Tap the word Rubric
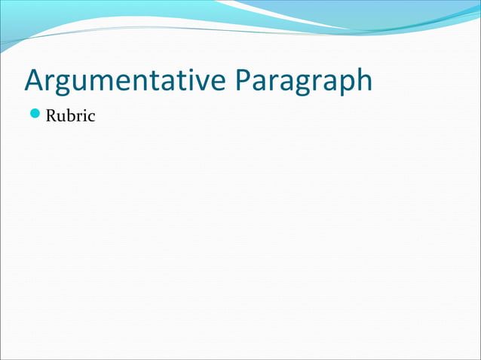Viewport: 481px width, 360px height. click(71, 117)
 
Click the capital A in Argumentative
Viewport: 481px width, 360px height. click(34, 81)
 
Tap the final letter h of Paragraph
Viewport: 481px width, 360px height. click(363, 81)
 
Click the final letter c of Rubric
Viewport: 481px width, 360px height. click(91, 118)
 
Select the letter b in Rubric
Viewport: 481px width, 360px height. click(72, 117)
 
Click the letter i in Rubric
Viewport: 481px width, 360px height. click(84, 117)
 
